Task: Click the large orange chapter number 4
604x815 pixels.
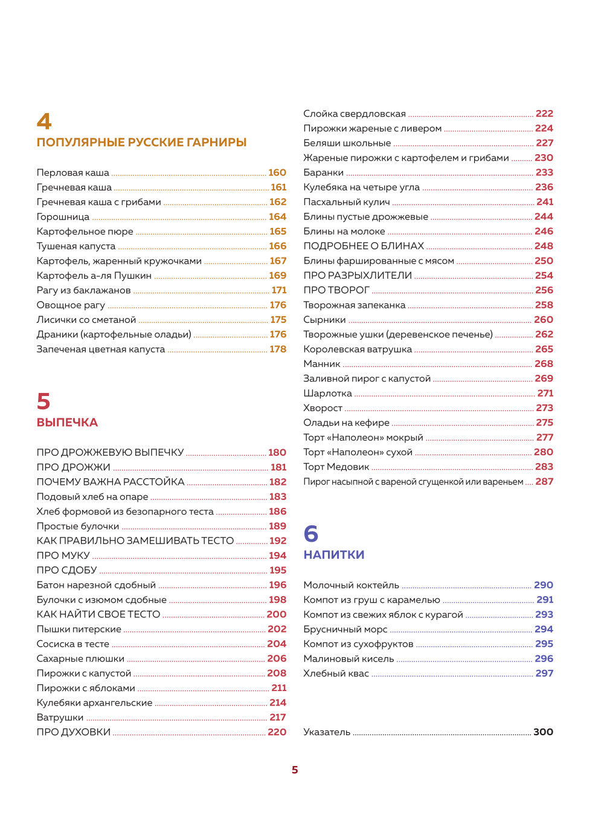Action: [x=44, y=121]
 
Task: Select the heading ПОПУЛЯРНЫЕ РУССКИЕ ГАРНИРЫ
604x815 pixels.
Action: [x=141, y=143]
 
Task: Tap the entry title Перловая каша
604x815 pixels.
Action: [x=72, y=173]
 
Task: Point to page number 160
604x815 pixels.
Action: [x=277, y=173]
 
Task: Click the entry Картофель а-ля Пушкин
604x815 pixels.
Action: [x=94, y=276]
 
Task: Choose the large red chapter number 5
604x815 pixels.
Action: [x=43, y=401]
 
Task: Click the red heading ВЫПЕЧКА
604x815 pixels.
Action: [x=67, y=423]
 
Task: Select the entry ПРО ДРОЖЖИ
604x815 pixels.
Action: [x=73, y=467]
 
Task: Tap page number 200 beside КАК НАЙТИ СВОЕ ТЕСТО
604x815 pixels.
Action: [x=277, y=614]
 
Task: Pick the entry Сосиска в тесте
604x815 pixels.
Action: [x=72, y=644]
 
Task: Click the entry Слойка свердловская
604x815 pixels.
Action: [x=354, y=114]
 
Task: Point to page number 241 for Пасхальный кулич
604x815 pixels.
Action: [x=545, y=202]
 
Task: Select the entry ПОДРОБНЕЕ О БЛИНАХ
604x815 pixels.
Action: [x=364, y=246]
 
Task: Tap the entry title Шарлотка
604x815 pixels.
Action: [x=327, y=394]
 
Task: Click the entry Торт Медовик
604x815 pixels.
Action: [x=336, y=467]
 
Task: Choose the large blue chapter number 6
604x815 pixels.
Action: [x=310, y=534]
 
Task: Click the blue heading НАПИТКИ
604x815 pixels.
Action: [x=333, y=555]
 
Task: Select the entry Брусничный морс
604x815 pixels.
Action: [x=345, y=629]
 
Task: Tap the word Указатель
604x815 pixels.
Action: [x=326, y=732]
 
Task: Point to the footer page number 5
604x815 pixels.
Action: [x=295, y=770]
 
